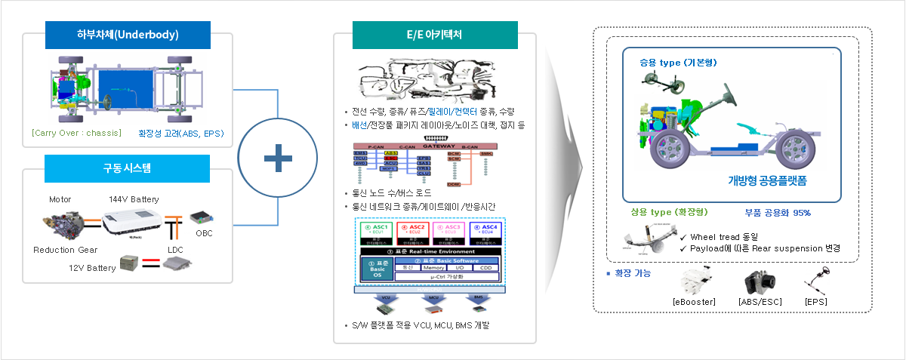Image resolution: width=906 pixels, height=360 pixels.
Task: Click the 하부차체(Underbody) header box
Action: (128, 35)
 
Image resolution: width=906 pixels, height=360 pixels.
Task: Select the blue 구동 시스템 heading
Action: (128, 168)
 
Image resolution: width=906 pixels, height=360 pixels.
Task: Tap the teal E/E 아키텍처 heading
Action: (435, 35)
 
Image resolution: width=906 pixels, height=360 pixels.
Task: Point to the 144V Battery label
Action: (134, 199)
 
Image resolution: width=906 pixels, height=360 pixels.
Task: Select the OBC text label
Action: (204, 233)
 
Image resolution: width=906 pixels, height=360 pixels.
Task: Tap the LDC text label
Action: (175, 249)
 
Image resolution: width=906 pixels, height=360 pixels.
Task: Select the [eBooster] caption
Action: (693, 302)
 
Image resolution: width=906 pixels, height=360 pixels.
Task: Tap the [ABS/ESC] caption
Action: (760, 302)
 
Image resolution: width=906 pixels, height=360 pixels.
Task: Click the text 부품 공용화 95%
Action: (777, 213)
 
